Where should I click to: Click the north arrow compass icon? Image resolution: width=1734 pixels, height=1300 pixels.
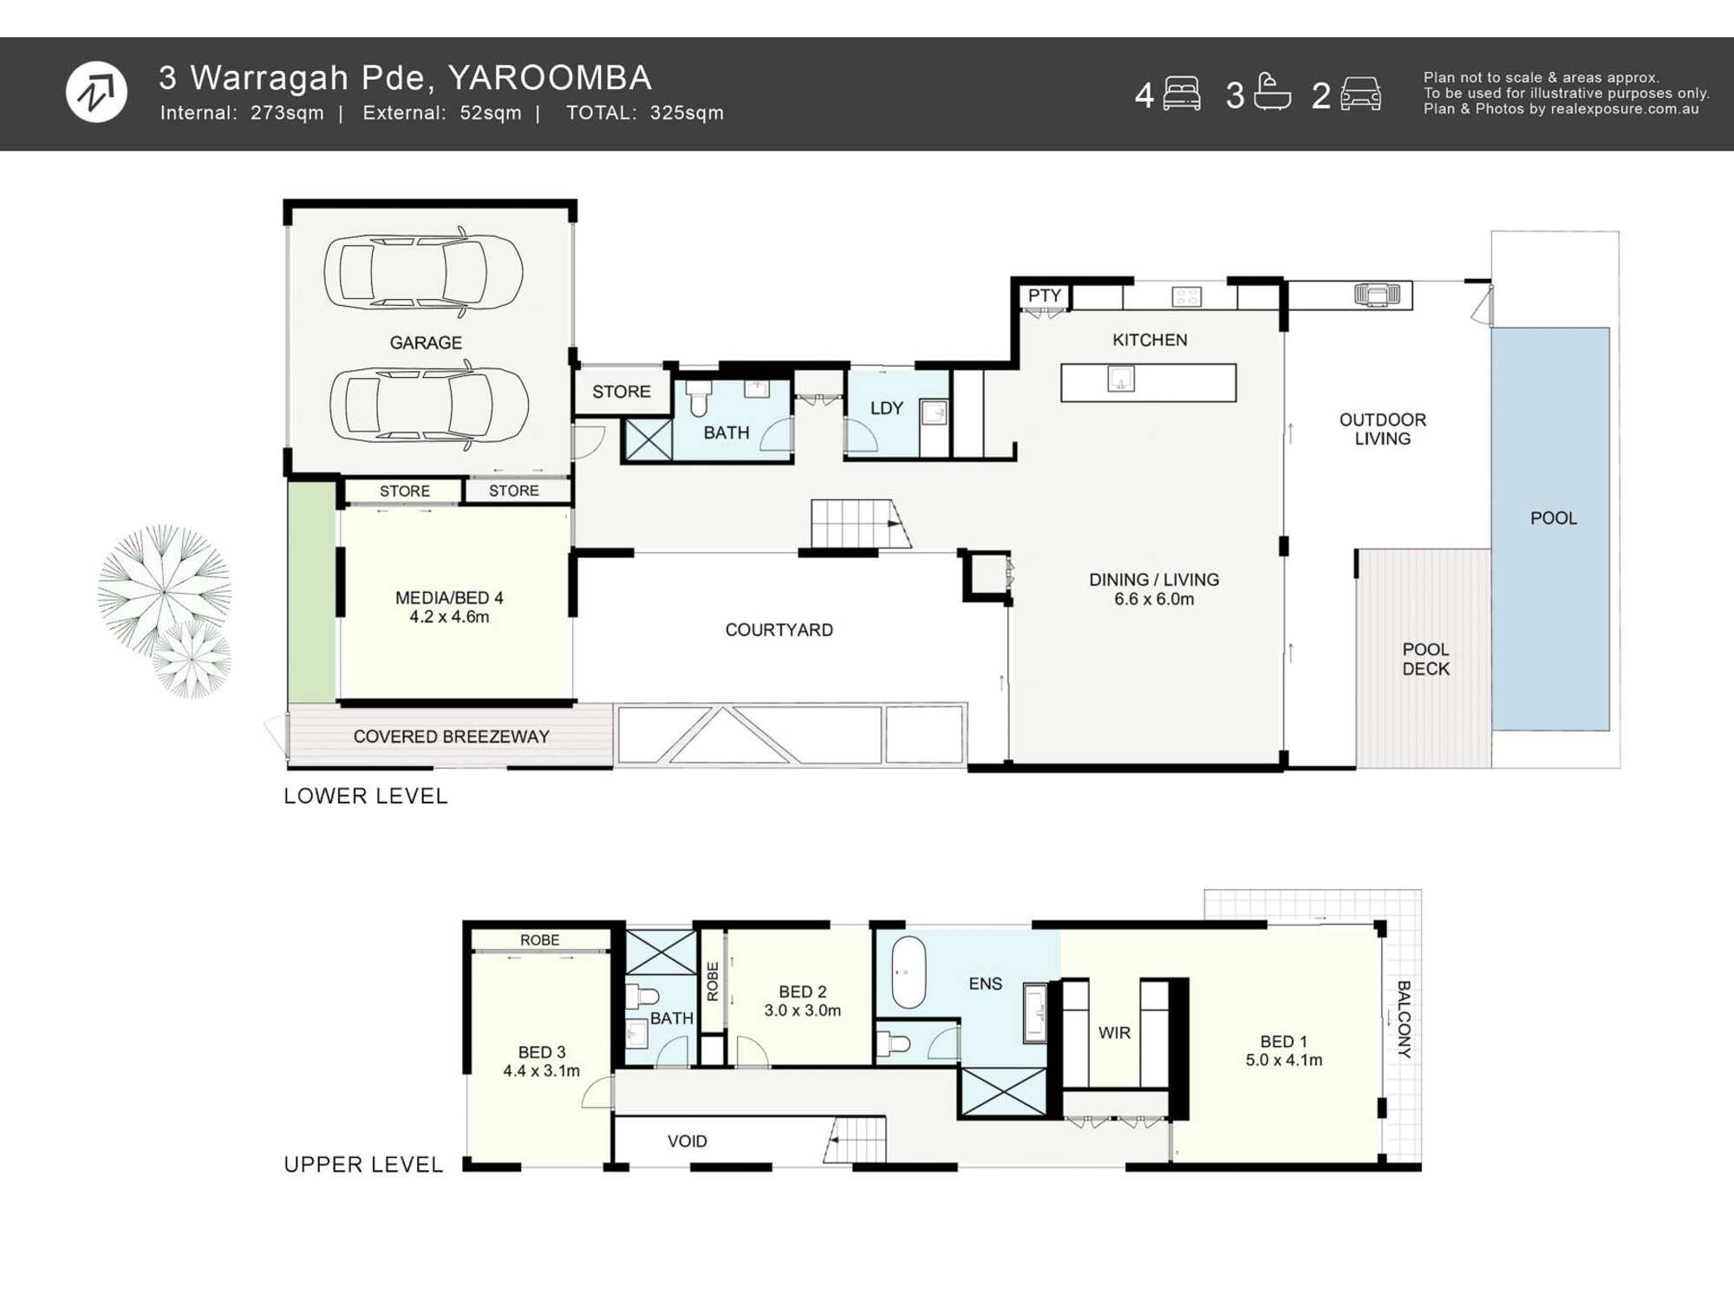[x=96, y=92]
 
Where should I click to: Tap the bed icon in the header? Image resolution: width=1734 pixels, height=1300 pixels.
[x=1182, y=94]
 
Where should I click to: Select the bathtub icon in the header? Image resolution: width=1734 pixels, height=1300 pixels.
[x=1272, y=92]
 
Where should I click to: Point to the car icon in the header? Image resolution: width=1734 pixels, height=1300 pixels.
[x=1360, y=94]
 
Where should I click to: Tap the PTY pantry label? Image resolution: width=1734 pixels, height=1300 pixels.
[x=1045, y=296]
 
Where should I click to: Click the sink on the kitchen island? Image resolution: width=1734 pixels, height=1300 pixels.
[x=1121, y=379]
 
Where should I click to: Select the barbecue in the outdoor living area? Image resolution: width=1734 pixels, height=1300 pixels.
[x=1377, y=295]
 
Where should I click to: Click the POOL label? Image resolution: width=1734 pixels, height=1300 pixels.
[x=1553, y=518]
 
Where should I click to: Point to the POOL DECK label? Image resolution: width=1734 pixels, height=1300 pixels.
[x=1426, y=659]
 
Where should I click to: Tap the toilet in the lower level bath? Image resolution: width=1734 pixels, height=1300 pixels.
[x=699, y=399]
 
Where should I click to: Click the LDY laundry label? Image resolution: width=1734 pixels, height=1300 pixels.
[x=887, y=408]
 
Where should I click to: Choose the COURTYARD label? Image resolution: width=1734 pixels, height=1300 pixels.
[x=779, y=630]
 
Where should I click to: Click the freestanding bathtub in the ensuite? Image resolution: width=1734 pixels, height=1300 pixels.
[x=909, y=972]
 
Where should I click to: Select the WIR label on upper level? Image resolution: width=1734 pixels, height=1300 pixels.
[x=1114, y=1033]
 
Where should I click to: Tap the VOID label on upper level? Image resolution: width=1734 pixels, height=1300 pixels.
[x=688, y=1141]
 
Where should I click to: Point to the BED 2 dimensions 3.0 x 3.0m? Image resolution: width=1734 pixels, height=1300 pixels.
[x=803, y=1011]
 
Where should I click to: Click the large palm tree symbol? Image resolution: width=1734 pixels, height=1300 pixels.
[x=164, y=590]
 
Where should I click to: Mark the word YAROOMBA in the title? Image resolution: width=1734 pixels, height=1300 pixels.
[x=550, y=78]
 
